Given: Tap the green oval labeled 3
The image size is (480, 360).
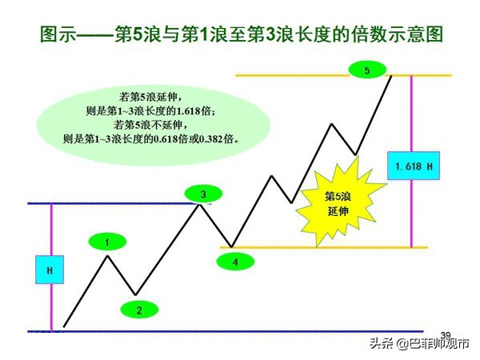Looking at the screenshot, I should coord(203,194).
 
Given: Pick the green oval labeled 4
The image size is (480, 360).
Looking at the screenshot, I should coord(235,261).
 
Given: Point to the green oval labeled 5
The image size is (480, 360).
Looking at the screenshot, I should coord(367,71).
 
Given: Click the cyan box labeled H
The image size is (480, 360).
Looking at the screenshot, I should coord(50,270).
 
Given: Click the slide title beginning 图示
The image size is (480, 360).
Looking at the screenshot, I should coord(240,35).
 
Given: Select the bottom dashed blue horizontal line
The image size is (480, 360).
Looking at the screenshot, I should coord(240,330).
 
